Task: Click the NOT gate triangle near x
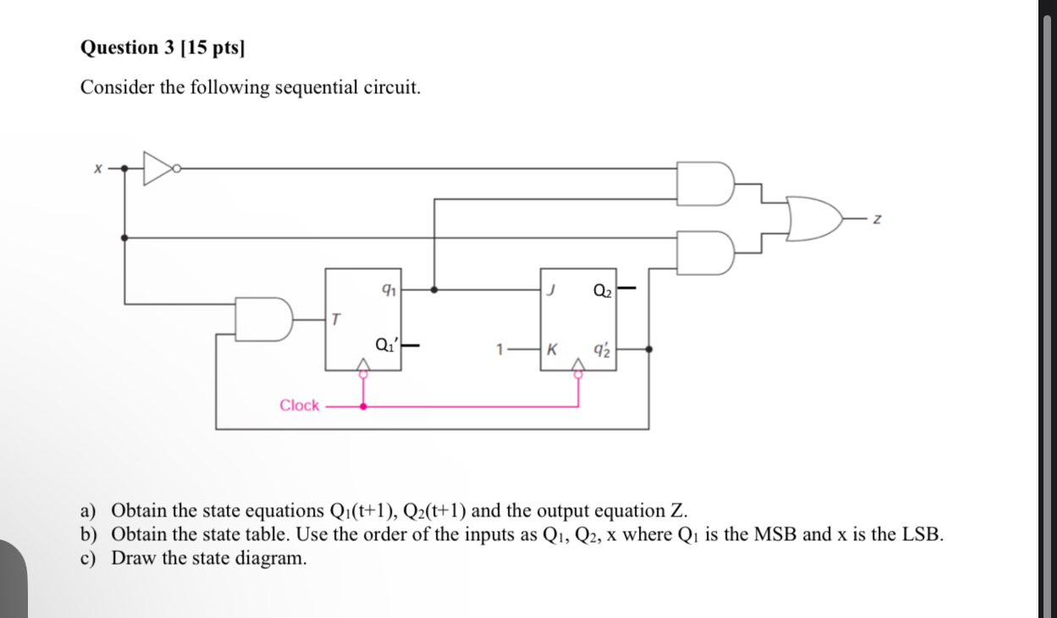(157, 168)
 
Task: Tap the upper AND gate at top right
(704, 183)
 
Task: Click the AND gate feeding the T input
(263, 319)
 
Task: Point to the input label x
(98, 168)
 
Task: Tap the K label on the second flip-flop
(552, 348)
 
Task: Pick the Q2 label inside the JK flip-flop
(602, 290)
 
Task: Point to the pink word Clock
(300, 406)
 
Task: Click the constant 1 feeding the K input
(501, 348)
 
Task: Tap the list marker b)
(89, 534)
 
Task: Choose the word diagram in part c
(265, 558)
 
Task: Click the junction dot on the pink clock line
(364, 406)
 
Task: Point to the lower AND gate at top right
(704, 252)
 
